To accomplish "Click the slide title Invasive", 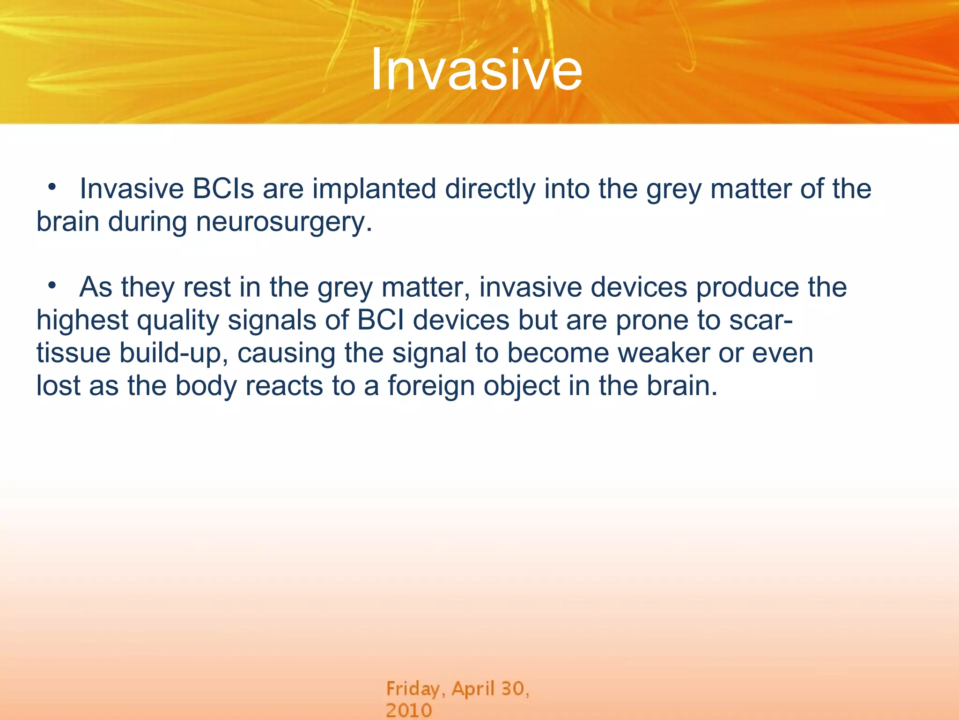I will (476, 70).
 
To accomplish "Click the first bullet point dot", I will (52, 187).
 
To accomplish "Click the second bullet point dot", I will (52, 285).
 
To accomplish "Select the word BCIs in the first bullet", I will (223, 189).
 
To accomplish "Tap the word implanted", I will (374, 190).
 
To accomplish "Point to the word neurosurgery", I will (284, 223).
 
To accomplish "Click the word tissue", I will (74, 353).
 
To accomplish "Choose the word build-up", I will (174, 354).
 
